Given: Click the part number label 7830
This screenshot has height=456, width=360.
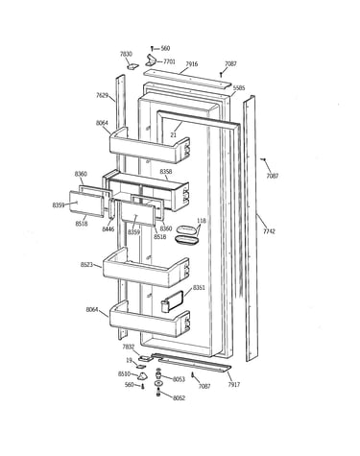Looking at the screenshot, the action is tap(126, 54).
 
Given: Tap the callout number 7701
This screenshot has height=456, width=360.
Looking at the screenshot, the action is tap(169, 61).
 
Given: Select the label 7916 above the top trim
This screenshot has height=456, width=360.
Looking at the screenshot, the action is tap(191, 64).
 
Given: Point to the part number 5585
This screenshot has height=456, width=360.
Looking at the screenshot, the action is tap(239, 87).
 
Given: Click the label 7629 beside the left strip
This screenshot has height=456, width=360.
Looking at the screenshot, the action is tap(102, 95).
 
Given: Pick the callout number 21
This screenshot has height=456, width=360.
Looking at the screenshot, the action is tap(173, 135).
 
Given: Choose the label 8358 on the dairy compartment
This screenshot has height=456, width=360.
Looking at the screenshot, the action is tap(166, 172).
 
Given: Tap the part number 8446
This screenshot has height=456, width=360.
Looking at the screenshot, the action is tap(108, 228).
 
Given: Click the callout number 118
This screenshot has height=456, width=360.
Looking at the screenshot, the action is tap(202, 221).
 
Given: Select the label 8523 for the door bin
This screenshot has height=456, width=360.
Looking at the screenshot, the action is tap(86, 265).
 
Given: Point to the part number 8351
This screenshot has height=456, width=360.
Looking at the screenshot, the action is tap(199, 288).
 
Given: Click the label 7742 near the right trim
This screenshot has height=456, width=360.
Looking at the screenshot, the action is tap(269, 231).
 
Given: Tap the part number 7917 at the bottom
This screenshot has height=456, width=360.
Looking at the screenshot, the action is tap(234, 384).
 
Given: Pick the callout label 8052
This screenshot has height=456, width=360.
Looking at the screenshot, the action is tap(179, 398).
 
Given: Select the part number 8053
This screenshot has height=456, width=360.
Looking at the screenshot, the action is tap(179, 379).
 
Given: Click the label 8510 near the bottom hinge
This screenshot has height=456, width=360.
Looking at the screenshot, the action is tap(124, 373).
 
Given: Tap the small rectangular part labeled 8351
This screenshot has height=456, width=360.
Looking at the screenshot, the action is tap(173, 300).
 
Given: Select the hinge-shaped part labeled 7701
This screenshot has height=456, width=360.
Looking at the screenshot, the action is tap(151, 60).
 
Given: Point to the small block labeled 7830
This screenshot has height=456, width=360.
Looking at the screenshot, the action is tap(132, 66).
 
